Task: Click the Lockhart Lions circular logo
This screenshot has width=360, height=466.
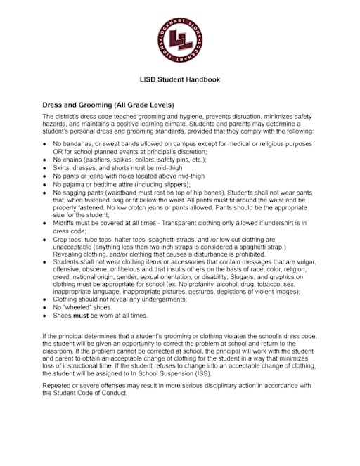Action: [179, 39]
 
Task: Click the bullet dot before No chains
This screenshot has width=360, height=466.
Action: [45, 160]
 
